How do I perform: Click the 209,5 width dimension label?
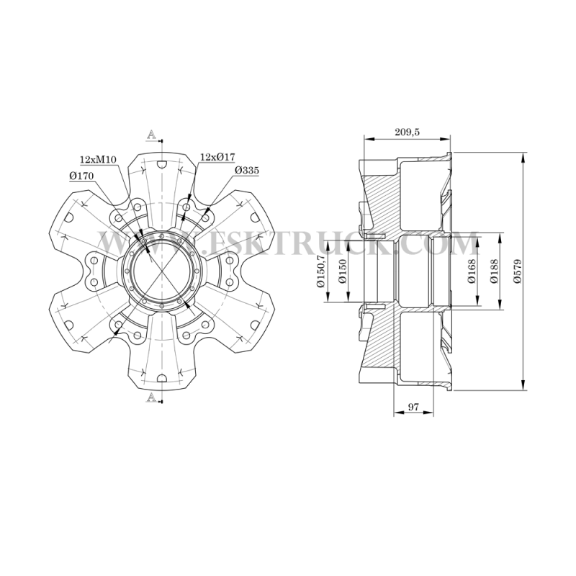(x=407, y=132)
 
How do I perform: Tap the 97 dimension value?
(x=413, y=407)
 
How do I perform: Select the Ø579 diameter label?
(x=518, y=271)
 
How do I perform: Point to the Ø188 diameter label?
(x=494, y=271)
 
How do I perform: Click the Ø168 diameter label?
(x=472, y=271)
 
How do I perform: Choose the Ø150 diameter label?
(x=343, y=271)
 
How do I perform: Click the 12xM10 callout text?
(x=98, y=159)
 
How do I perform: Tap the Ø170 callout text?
(x=81, y=176)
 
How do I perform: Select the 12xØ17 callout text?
(x=217, y=157)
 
